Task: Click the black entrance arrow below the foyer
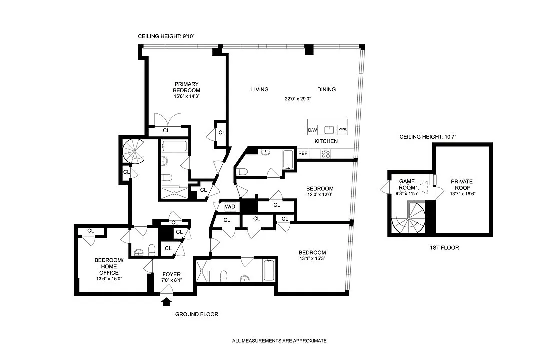[x=167, y=302]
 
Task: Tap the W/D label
[x=230, y=207]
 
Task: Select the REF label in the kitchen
[x=303, y=153]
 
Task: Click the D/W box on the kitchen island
[x=312, y=130]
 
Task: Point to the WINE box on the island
[x=343, y=129]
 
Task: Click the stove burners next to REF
[x=326, y=154]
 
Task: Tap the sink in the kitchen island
[x=329, y=130]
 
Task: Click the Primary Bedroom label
[x=186, y=87]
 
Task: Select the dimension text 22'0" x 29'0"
[x=298, y=99]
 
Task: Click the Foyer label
[x=172, y=274]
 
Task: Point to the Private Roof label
[x=462, y=185]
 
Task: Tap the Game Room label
[x=407, y=185]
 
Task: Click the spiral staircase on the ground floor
[x=134, y=152]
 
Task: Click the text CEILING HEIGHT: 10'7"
[x=428, y=137]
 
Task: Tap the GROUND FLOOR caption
[x=197, y=314]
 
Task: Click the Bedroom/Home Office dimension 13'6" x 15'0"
[x=109, y=279]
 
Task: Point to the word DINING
[x=326, y=89]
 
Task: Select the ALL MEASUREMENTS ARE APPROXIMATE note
[x=279, y=341]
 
